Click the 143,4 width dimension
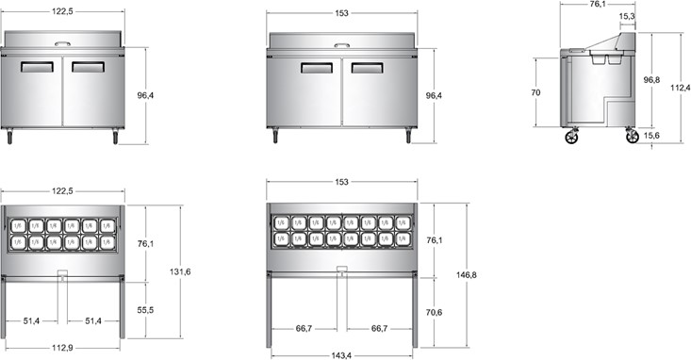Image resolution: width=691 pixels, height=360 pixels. tap(341, 354)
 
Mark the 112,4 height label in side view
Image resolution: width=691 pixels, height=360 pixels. tap(681, 88)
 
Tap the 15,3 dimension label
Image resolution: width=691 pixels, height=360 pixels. tap(626, 17)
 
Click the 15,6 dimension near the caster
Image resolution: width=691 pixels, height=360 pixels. tap(650, 136)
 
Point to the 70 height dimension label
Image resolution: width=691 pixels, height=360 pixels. tap(535, 93)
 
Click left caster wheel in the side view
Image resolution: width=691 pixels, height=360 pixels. tap(571, 138)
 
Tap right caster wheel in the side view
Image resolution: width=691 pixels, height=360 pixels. tap(632, 138)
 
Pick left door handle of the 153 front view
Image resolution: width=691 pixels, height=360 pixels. tap(316, 68)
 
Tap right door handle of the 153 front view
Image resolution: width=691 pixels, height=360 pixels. tap(368, 68)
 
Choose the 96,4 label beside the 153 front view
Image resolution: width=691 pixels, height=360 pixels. tap(434, 96)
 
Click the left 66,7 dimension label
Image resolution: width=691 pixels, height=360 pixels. tap(304, 329)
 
